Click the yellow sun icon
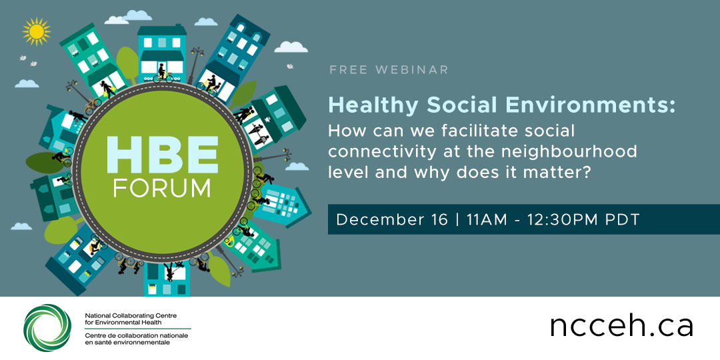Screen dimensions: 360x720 (x=36, y=31)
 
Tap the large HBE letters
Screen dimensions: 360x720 (x=162, y=157)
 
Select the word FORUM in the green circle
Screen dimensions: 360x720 (x=162, y=188)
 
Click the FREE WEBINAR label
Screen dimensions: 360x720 (x=389, y=70)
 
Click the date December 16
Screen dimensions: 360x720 (x=392, y=220)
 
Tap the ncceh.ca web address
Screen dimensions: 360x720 (x=621, y=326)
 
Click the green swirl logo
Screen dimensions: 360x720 (x=47, y=327)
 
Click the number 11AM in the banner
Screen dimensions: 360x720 (x=491, y=220)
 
